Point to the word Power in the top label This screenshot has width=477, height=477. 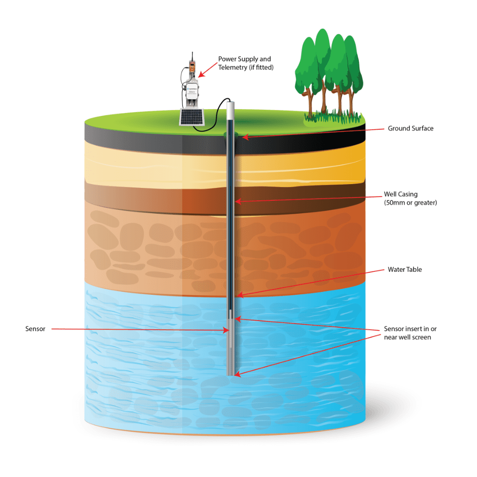pyautogui.click(x=227, y=59)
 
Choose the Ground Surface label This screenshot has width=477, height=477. pyautogui.click(x=410, y=128)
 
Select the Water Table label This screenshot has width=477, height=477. pyautogui.click(x=404, y=270)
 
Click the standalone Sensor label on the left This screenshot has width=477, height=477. pyautogui.click(x=35, y=329)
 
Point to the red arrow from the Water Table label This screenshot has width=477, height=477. pyautogui.click(x=310, y=282)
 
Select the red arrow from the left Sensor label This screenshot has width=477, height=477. pyautogui.click(x=138, y=329)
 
